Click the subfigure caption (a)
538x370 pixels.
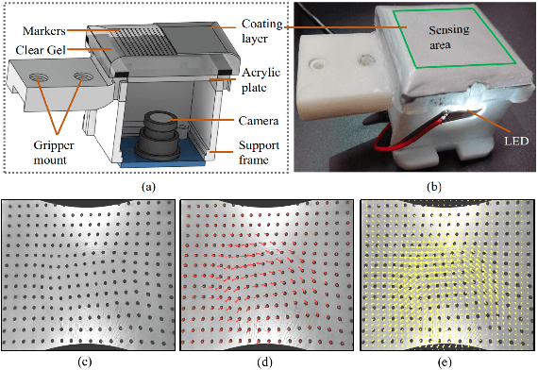pyautogui.click(x=146, y=187)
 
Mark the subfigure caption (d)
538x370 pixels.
pyautogui.click(x=266, y=360)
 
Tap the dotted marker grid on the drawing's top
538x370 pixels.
pyautogui.click(x=132, y=38)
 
